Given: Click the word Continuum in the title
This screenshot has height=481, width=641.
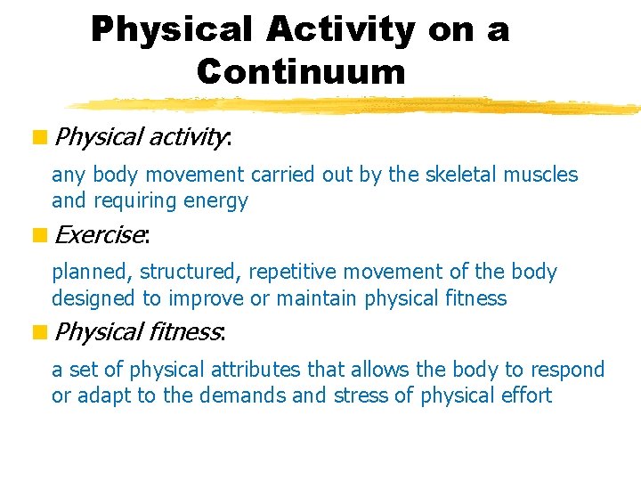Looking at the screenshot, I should coord(301,70).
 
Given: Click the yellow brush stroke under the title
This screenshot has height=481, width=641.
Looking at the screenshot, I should coord(356,105).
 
